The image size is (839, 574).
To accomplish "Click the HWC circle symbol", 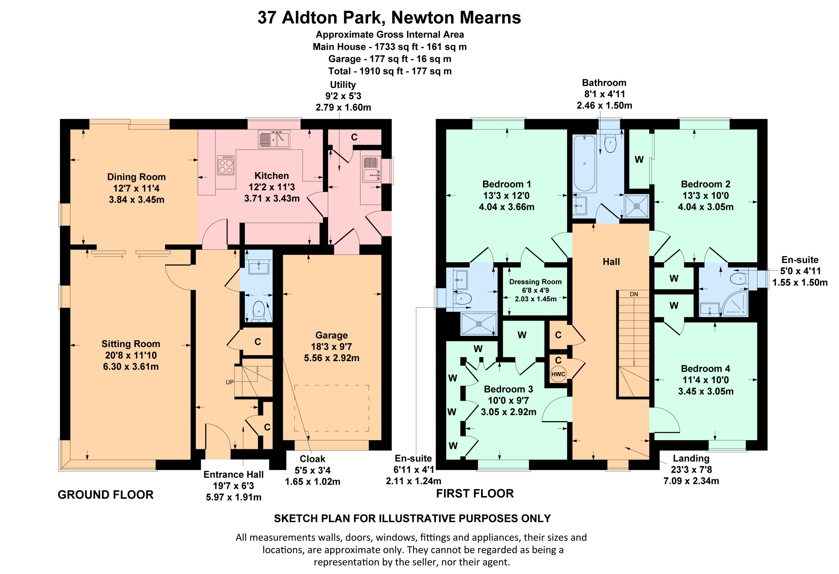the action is (558, 374).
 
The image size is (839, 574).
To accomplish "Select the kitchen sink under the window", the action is (274, 139).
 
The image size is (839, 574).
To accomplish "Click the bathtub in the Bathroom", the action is (584, 163).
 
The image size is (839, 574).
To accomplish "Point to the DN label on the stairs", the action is (634, 294).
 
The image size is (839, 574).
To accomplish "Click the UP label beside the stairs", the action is (230, 382).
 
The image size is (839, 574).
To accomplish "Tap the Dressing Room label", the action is (536, 282).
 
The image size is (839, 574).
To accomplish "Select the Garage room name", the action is (331, 336).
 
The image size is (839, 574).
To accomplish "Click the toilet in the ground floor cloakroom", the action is (259, 311).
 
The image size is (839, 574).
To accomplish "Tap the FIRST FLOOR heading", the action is (475, 493).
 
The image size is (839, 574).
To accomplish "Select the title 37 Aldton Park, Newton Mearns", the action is (389, 17).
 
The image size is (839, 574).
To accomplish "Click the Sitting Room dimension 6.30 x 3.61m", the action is (131, 366).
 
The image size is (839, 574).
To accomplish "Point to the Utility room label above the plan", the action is (342, 85).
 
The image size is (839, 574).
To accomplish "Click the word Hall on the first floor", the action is (611, 262).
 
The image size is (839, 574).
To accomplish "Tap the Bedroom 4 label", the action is (705, 368).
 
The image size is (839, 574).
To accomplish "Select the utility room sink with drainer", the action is (371, 169).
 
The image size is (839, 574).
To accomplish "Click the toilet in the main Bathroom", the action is (610, 144).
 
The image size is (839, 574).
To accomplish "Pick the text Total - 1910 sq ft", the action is (365, 71).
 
